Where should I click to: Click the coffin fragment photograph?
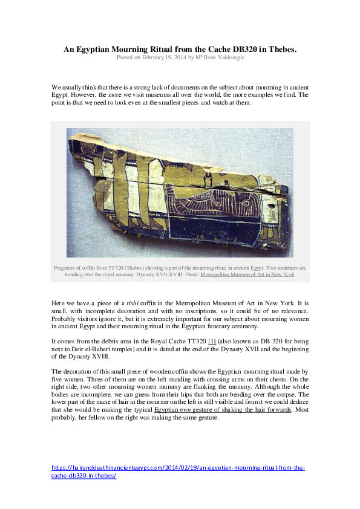180,192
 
